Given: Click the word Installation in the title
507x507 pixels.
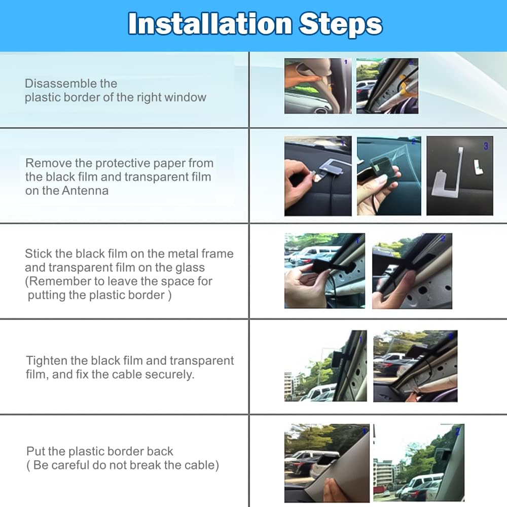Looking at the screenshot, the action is coord(210,24).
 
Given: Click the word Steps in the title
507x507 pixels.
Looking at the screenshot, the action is coord(341,25).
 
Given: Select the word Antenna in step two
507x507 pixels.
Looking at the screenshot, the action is coord(85,191).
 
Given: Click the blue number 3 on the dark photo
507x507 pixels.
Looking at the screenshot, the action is coord(486,147).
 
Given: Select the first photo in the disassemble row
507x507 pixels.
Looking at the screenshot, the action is coord(318,86).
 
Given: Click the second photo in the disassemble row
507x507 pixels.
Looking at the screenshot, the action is coord(387,86).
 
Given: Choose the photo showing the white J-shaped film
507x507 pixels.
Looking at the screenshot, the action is coord(460,175).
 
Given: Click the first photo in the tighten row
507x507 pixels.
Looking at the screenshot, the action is coord(325,366).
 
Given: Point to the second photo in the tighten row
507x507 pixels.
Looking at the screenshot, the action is coord(415,366).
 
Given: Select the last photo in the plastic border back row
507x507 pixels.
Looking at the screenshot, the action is coord(419,463).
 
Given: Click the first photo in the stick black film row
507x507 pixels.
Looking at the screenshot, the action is coord(324,271).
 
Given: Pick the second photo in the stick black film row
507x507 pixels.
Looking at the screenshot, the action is coord(412,271).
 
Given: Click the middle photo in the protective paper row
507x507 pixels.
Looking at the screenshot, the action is coord(389,175).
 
